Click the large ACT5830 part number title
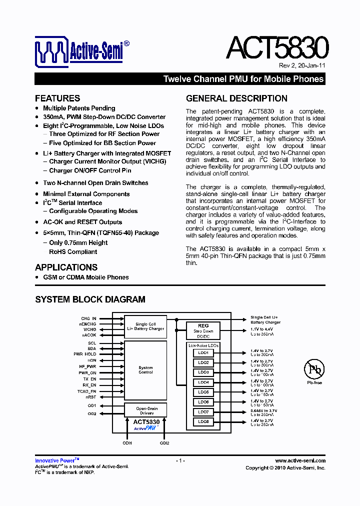[x=277, y=48]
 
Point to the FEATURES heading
[x=57, y=98]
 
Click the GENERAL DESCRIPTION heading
[x=236, y=98]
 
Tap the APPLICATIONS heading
[x=66, y=267]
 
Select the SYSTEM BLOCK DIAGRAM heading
[x=90, y=299]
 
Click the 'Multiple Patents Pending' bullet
[x=79, y=108]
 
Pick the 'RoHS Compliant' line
[x=75, y=252]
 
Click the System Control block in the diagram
[x=145, y=370]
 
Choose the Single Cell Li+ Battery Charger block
[x=145, y=326]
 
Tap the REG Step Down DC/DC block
[x=203, y=331]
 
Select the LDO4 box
[x=203, y=382]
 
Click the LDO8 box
[x=203, y=421]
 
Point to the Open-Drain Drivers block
[x=146, y=410]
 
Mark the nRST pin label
[x=91, y=396]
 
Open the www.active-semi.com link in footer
[x=300, y=460]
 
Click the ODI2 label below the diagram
[x=164, y=443]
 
